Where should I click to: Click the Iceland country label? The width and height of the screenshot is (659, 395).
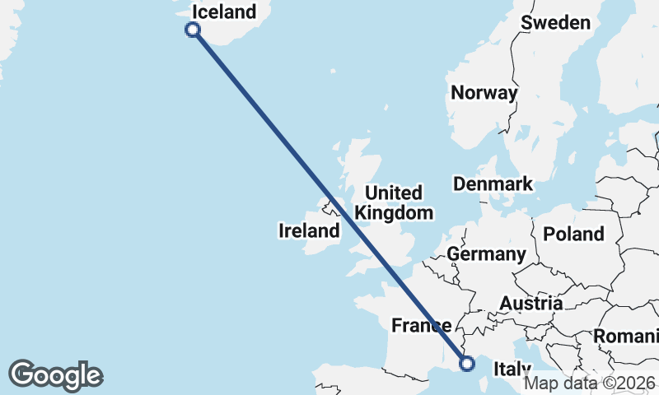tap(223, 12)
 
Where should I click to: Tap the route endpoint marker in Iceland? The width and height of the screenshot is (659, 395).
tap(193, 30)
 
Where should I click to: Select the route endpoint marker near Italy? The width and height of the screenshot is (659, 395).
tap(468, 363)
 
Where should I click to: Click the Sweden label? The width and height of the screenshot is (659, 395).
tap(556, 22)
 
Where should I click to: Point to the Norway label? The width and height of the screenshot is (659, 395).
tap(484, 93)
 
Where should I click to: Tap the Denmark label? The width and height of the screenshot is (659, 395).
tap(493, 184)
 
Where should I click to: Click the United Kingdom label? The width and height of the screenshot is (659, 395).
tap(394, 202)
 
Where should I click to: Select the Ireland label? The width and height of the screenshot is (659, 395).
tap(309, 231)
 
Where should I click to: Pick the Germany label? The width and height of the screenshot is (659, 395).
tap(486, 254)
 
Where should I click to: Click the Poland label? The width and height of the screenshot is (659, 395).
tap(573, 234)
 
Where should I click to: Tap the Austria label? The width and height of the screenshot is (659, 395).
tap(531, 304)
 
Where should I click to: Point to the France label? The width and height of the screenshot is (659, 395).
tap(421, 326)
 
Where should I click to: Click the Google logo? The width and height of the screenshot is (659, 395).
tap(55, 375)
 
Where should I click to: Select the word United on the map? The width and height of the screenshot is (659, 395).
tap(394, 193)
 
